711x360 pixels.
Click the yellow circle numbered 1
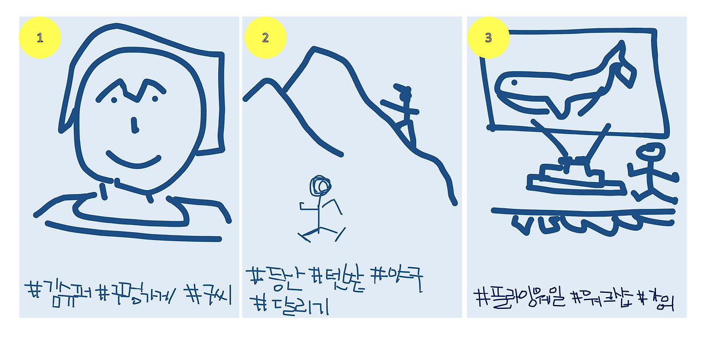point(39,38)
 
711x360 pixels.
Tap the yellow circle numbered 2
point(265,38)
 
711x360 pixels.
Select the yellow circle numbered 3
point(488,38)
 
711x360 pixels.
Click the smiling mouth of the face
point(133,161)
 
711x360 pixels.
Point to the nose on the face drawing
point(134,126)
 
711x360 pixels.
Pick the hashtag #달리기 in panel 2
point(289,304)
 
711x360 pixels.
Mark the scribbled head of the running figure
point(321,186)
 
